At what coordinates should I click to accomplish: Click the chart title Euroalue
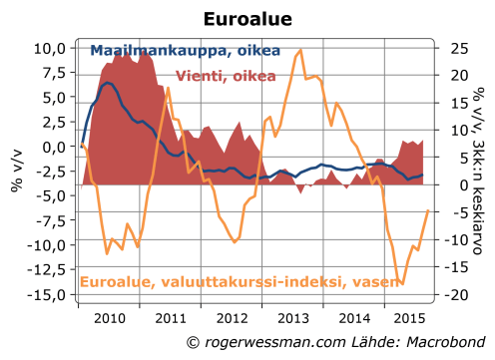247,19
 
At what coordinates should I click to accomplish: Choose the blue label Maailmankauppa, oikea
185,51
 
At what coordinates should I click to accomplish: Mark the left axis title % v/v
17,172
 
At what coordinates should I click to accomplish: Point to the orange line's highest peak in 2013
301,50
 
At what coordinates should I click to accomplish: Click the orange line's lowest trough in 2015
400,284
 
